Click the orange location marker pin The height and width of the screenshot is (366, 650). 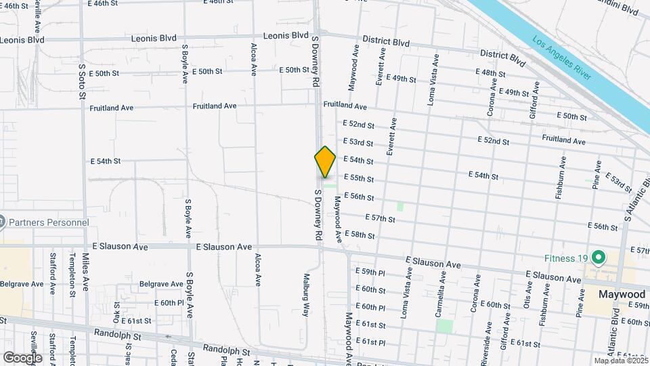click(x=325, y=161)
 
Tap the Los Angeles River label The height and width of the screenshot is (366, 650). click(x=562, y=58)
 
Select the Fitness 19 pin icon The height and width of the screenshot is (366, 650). click(x=598, y=258)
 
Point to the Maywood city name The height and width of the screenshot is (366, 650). click(x=622, y=295)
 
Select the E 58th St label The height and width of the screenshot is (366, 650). click(x=360, y=235)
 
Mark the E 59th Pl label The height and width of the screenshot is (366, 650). click(x=370, y=272)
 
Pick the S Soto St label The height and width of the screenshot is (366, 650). click(x=81, y=81)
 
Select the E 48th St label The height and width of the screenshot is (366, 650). click(x=491, y=73)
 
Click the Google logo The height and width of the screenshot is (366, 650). click(x=22, y=357)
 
